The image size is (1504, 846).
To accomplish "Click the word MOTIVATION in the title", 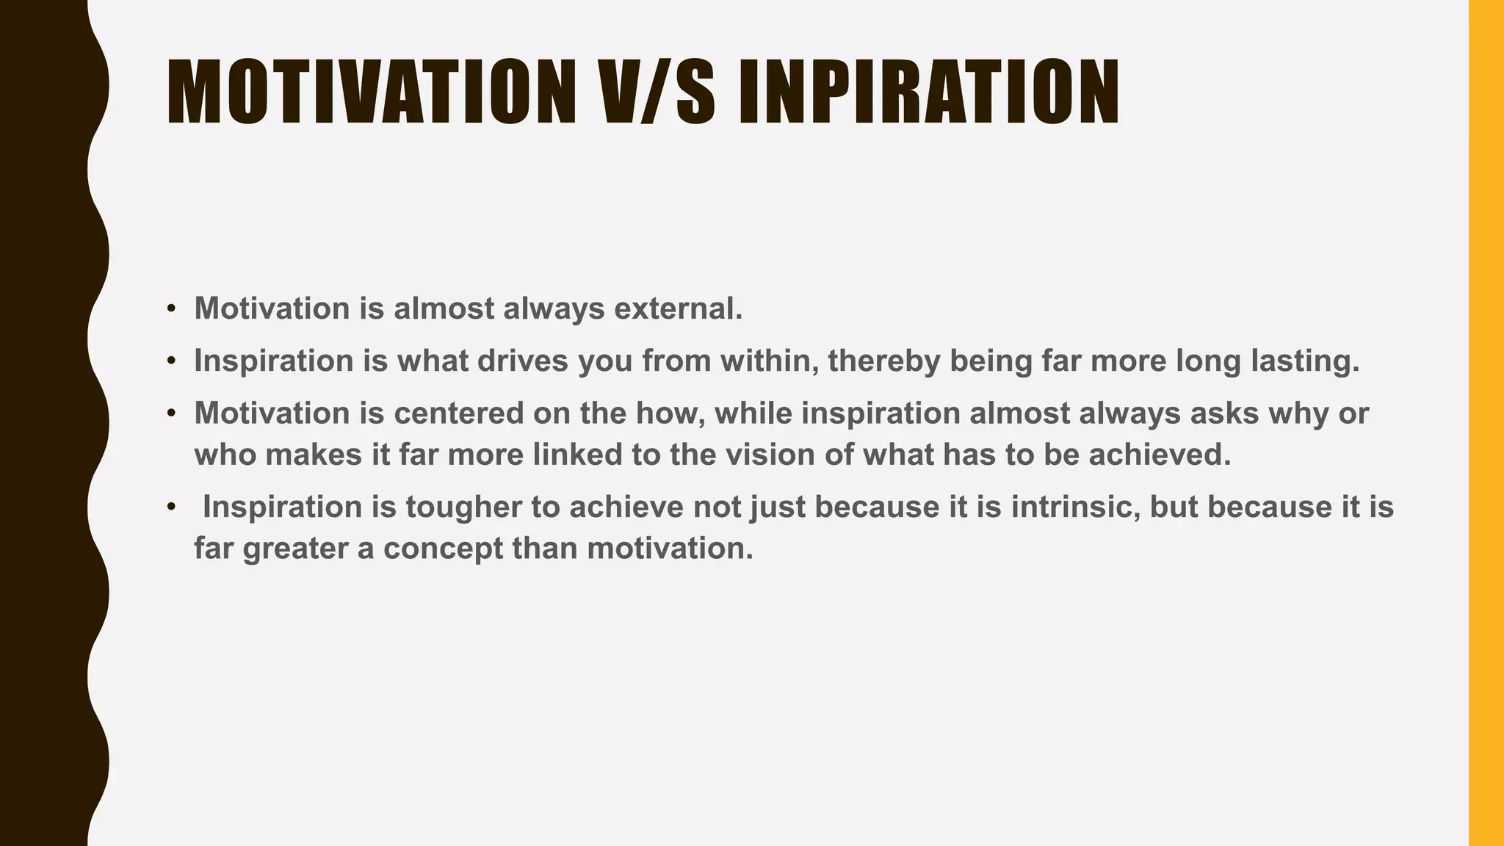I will tap(371, 92).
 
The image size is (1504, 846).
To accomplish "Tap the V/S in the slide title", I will tap(657, 92).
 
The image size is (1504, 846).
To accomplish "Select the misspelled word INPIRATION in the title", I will tap(928, 92).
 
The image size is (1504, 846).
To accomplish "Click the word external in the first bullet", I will tap(678, 308).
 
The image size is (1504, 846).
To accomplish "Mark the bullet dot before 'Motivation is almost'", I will tap(171, 308).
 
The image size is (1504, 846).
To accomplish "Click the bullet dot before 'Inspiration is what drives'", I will tap(171, 361).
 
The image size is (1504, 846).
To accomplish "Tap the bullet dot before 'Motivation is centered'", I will tap(171, 413).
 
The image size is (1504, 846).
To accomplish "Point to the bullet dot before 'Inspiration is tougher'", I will tap(171, 507).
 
